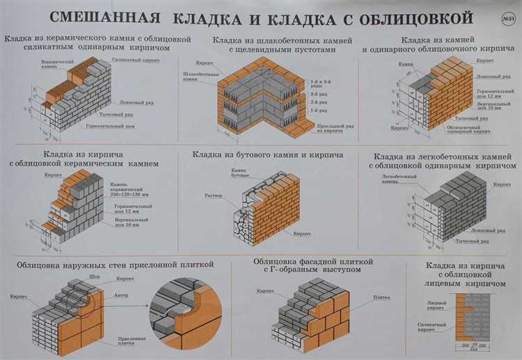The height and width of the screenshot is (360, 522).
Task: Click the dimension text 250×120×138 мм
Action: point(130,194)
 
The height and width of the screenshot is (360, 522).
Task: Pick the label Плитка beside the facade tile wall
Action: point(381,297)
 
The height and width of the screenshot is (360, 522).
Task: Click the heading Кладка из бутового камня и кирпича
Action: point(268,155)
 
